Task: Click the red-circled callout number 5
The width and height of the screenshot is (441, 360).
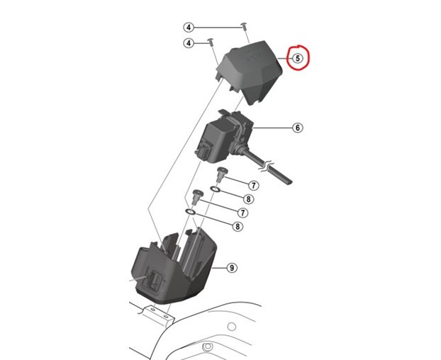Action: (298, 59)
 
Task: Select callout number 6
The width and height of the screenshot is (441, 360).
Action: (298, 128)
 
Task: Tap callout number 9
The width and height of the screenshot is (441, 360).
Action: (231, 268)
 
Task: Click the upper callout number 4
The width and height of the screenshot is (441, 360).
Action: (189, 27)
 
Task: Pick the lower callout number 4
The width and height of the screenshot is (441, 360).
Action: (189, 43)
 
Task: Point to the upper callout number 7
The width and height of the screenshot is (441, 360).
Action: (253, 185)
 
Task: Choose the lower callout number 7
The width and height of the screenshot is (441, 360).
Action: (242, 213)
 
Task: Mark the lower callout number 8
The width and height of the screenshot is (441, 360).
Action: (238, 226)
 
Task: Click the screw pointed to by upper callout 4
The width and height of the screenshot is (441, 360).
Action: (243, 26)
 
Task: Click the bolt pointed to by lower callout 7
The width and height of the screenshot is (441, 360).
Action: (196, 195)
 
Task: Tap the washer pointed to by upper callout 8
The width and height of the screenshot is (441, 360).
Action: (215, 191)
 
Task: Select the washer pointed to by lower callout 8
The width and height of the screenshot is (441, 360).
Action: (191, 211)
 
